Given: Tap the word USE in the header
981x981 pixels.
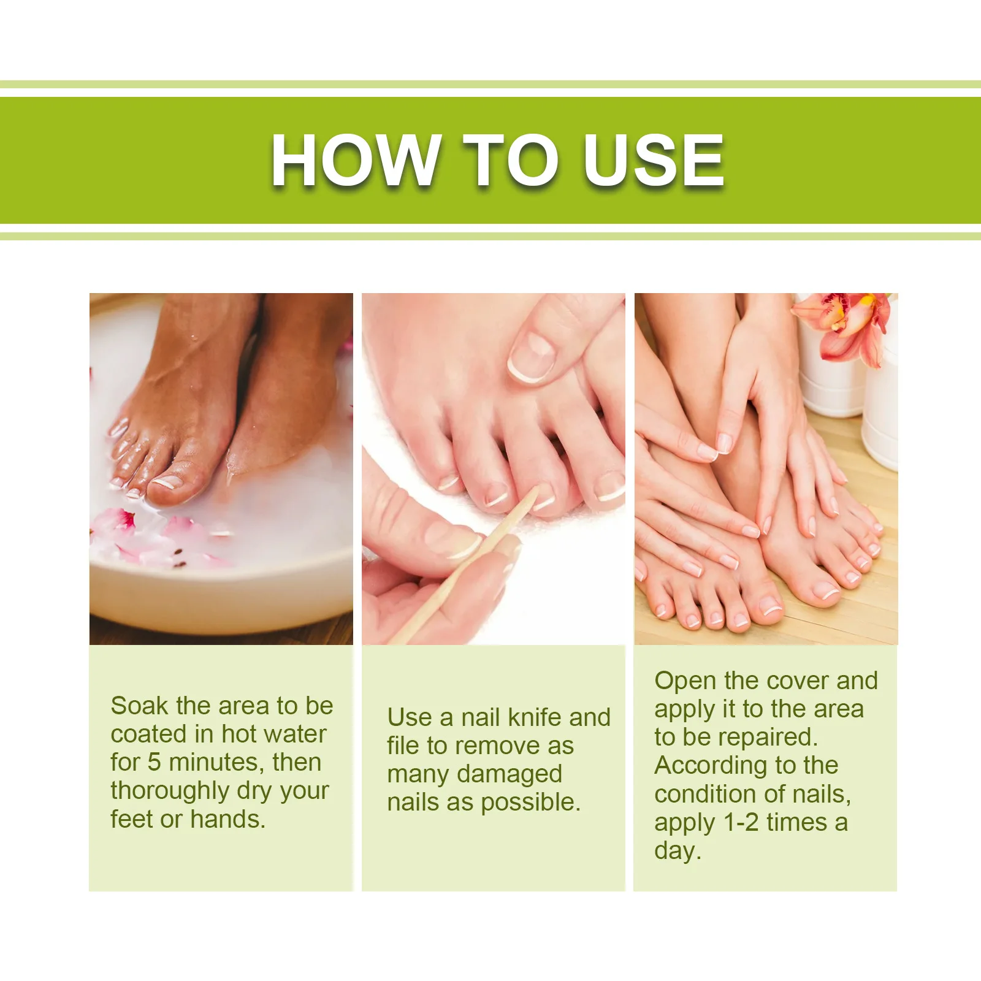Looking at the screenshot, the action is click(654, 160).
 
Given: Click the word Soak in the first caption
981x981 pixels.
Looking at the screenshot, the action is click(139, 706).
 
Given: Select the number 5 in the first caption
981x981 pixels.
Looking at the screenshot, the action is click(155, 762).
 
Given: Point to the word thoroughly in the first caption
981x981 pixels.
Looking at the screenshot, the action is click(170, 792).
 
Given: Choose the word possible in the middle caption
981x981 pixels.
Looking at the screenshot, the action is click(531, 803).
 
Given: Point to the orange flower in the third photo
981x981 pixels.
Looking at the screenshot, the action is click(845, 325).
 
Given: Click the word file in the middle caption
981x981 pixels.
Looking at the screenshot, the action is click(403, 746).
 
